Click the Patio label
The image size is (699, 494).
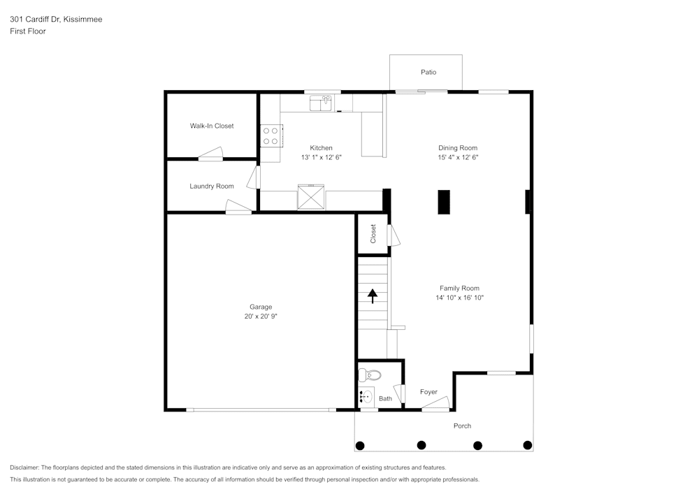pyautogui.click(x=428, y=72)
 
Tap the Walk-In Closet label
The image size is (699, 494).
pyautogui.click(x=212, y=126)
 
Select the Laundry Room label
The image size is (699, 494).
pyautogui.click(x=212, y=186)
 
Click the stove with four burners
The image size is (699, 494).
pyautogui.click(x=271, y=136)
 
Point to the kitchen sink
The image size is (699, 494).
pyautogui.click(x=321, y=103)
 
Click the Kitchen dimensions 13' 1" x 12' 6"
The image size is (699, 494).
pyautogui.click(x=322, y=158)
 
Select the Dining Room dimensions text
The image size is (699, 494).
pyautogui.click(x=458, y=158)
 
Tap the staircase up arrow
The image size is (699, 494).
pyautogui.click(x=373, y=296)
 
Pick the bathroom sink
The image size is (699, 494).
pyautogui.click(x=368, y=396)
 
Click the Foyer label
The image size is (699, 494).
pyautogui.click(x=428, y=392)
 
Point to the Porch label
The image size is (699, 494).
pyautogui.click(x=462, y=426)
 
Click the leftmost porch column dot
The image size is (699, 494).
pyautogui.click(x=360, y=445)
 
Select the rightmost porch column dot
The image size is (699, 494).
pyautogui.click(x=528, y=445)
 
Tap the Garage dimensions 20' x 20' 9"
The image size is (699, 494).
pyautogui.click(x=261, y=317)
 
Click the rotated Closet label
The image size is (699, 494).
pyautogui.click(x=373, y=233)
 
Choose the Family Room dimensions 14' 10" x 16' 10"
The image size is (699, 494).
pyautogui.click(x=459, y=298)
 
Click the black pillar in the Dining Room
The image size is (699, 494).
pyautogui.click(x=444, y=201)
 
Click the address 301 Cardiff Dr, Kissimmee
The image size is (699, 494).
pyautogui.click(x=56, y=20)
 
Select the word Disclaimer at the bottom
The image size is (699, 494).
pyautogui.click(x=24, y=467)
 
